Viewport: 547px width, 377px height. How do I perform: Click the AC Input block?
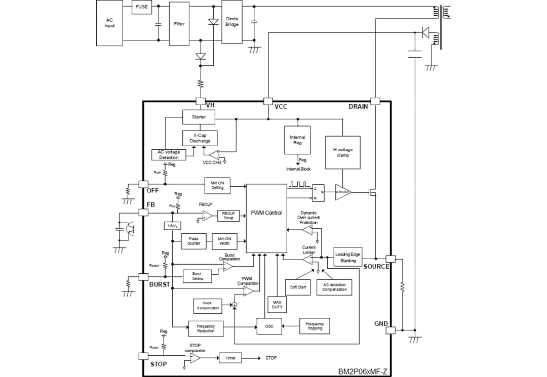(x=109, y=23)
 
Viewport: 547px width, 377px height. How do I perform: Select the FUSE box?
(x=142, y=7)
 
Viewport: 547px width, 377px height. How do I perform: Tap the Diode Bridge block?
(x=232, y=22)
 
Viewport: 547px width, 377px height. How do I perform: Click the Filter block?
(x=179, y=24)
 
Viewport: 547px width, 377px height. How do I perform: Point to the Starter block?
(x=199, y=117)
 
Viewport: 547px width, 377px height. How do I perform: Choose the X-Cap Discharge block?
(x=200, y=138)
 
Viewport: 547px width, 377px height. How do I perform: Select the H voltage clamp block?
(x=343, y=152)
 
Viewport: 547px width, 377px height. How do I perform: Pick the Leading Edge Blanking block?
(x=347, y=257)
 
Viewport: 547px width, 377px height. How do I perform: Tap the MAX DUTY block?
(x=277, y=304)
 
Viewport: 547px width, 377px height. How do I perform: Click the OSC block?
(x=269, y=326)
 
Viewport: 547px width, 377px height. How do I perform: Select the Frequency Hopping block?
(x=315, y=326)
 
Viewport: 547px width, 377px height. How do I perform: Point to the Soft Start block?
(x=298, y=287)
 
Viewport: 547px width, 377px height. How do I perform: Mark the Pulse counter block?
(x=193, y=241)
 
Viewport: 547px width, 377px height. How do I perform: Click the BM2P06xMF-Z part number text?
(x=363, y=371)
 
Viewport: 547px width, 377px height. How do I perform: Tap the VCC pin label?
(x=281, y=107)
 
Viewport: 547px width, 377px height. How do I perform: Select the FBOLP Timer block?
(x=228, y=216)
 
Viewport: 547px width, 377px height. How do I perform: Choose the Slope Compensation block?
(x=208, y=306)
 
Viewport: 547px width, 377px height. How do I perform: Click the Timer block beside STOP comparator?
(x=230, y=358)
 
